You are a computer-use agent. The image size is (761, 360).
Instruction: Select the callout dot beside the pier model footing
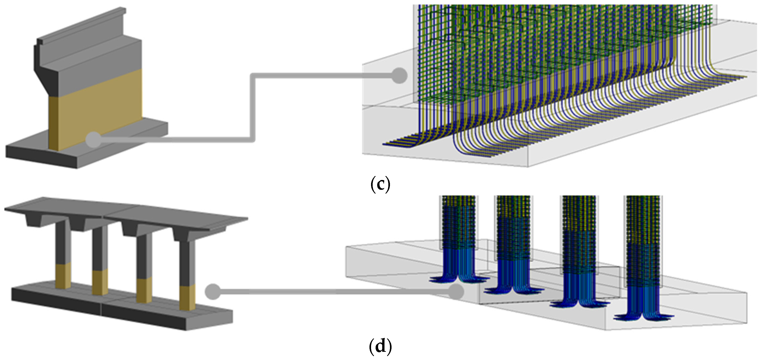pos(213,291)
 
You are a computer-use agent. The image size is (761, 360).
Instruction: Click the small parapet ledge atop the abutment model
pos(83,27)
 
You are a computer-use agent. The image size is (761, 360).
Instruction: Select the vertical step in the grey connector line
pos(253,108)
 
